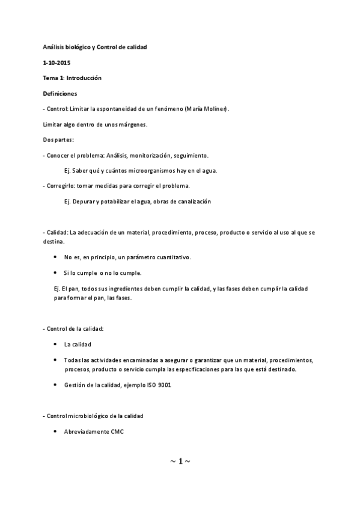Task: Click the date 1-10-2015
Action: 56,62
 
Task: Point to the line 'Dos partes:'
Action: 58,140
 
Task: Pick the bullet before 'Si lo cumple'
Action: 56,272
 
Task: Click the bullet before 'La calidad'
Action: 56,345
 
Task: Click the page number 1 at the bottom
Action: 180,461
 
